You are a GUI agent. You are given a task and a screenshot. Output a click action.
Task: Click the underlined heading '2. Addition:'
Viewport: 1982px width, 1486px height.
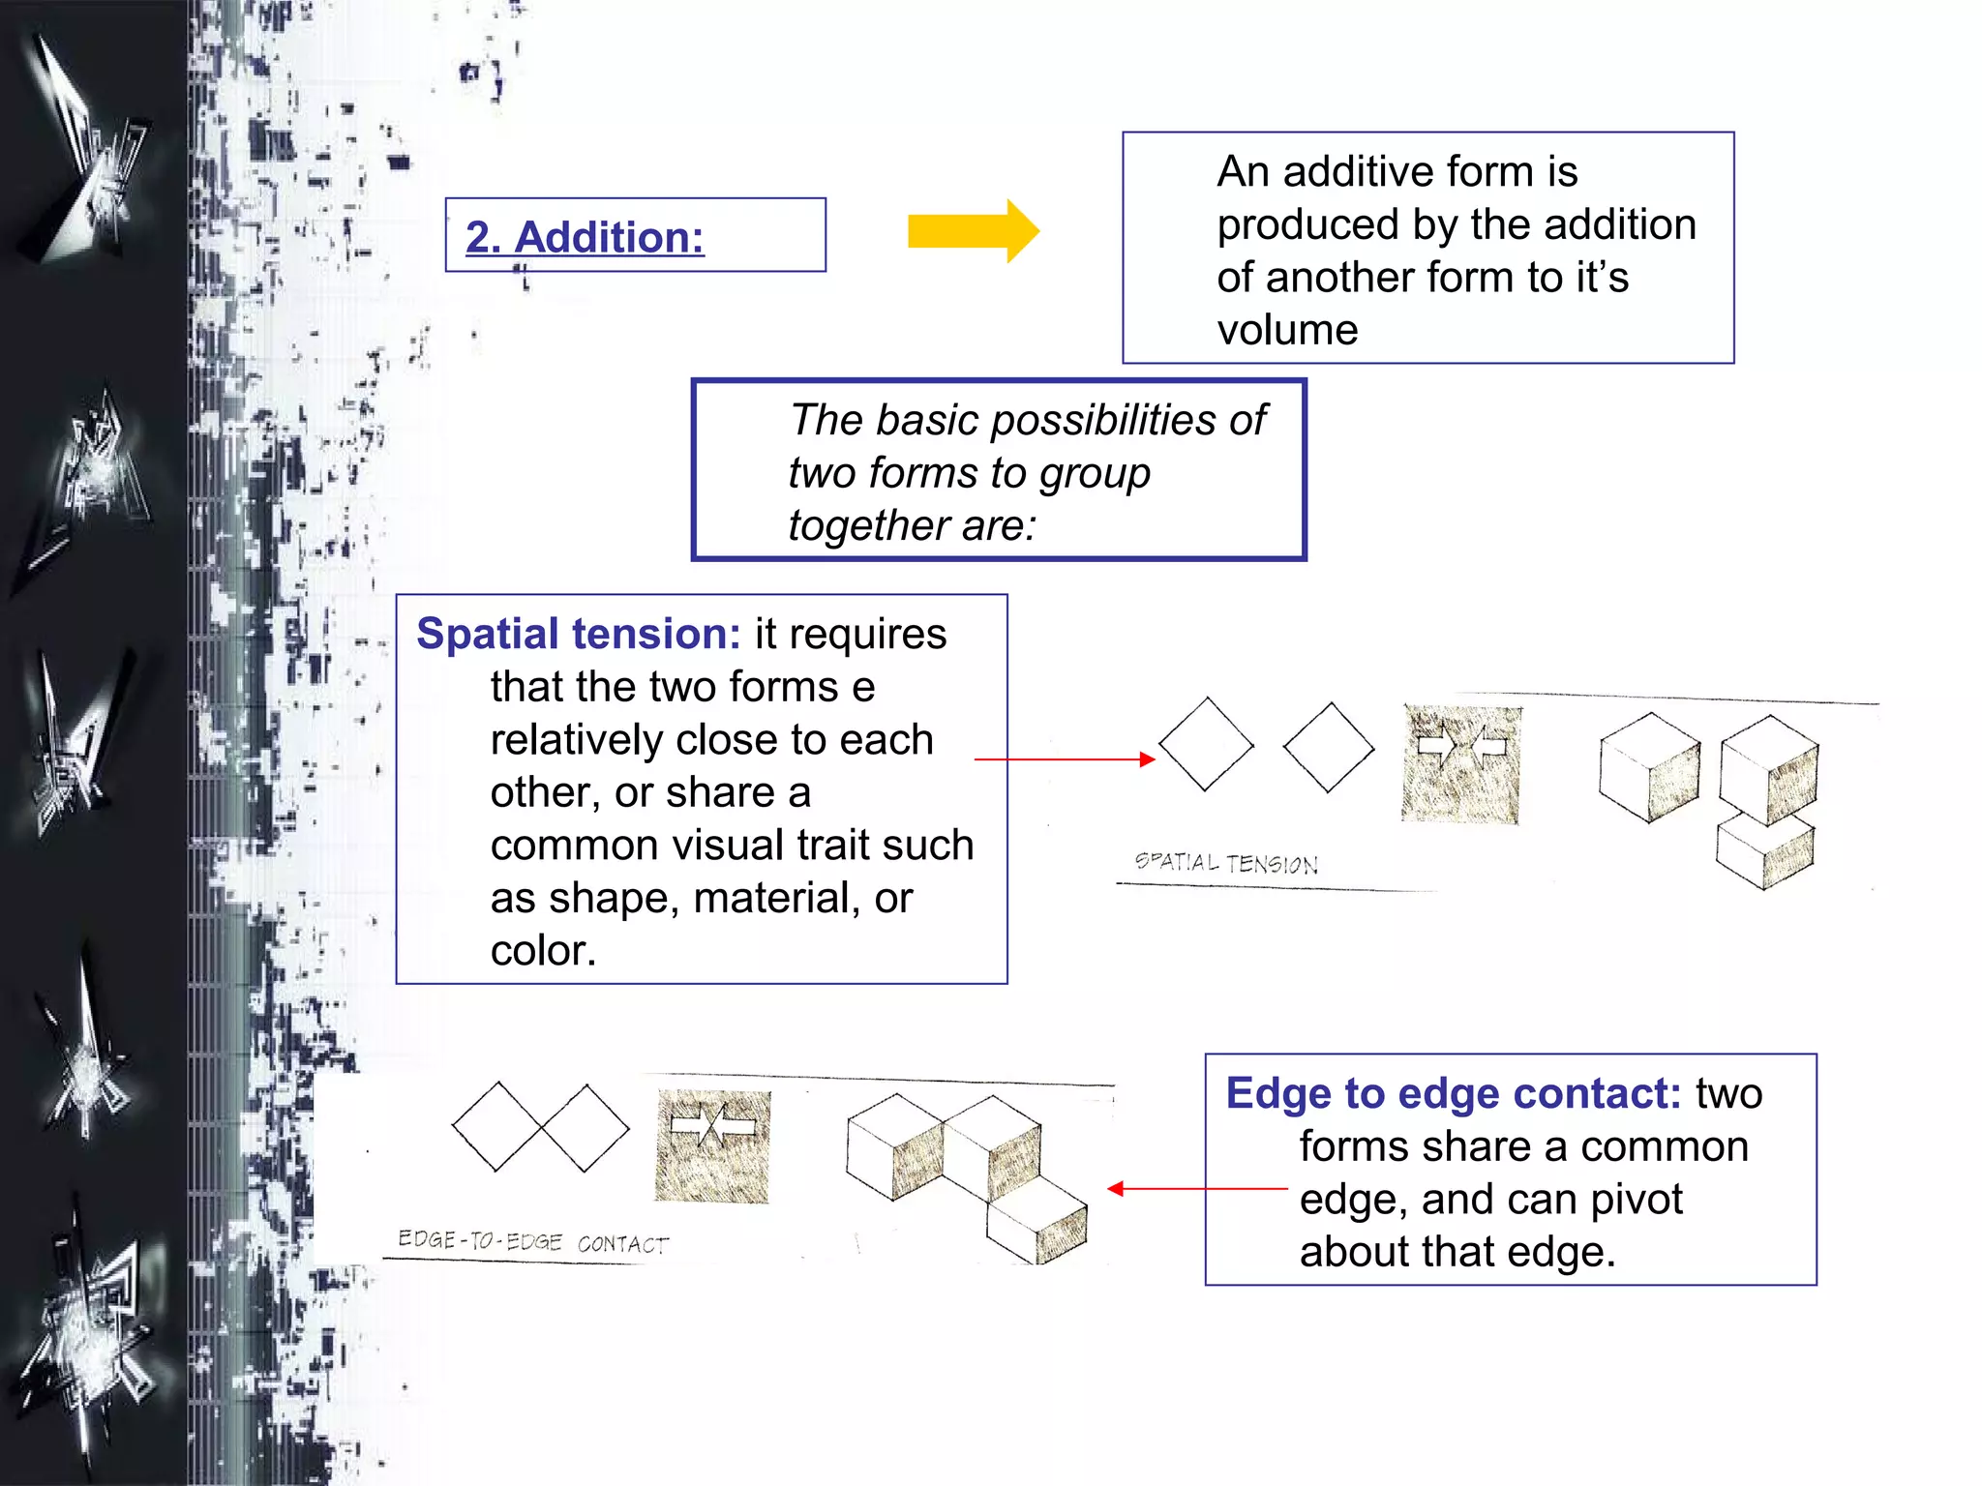(x=585, y=237)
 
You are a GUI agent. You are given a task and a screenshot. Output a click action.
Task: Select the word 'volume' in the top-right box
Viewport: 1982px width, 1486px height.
(x=1287, y=331)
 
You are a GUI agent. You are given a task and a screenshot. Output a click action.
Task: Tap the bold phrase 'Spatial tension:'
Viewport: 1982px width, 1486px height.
(x=578, y=635)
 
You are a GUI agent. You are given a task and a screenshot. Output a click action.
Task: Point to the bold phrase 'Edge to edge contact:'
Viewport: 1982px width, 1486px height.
(x=1453, y=1094)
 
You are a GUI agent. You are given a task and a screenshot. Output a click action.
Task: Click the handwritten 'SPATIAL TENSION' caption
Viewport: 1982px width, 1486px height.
(x=1225, y=862)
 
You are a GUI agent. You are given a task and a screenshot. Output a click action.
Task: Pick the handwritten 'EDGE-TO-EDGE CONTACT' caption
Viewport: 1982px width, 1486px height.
(x=533, y=1241)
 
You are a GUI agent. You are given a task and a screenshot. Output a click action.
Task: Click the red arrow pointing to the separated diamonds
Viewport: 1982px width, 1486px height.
(x=1065, y=759)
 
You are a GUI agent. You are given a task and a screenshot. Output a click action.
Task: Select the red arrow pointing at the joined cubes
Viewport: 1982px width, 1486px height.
(x=1196, y=1188)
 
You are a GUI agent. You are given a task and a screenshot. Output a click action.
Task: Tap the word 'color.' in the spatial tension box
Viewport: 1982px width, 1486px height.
(x=543, y=951)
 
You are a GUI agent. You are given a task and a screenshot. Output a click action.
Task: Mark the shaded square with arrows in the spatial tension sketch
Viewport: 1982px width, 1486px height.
(x=1461, y=764)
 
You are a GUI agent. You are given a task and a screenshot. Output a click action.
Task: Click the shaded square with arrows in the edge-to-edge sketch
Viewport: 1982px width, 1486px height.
(x=713, y=1146)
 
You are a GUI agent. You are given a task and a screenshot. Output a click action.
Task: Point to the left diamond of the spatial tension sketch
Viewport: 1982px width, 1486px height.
(x=1206, y=744)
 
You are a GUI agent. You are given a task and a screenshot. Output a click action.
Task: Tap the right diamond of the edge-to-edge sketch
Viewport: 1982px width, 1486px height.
(x=586, y=1128)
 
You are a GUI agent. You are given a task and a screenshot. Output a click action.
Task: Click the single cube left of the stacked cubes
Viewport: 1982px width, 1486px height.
(x=1649, y=767)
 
